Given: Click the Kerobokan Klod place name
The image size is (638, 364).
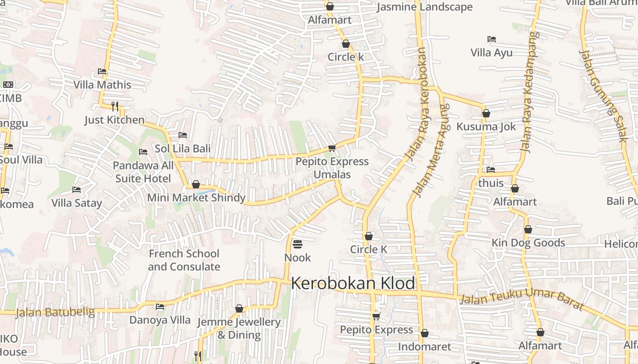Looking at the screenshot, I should pyautogui.click(x=353, y=283).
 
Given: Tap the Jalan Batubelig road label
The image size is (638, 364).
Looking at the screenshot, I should pyautogui.click(x=55, y=312).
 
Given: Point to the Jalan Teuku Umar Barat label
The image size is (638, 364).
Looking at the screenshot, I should pyautogui.click(x=522, y=298).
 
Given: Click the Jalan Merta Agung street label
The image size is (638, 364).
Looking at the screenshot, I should pyautogui.click(x=431, y=150).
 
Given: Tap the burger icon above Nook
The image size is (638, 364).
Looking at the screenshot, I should pyautogui.click(x=298, y=245).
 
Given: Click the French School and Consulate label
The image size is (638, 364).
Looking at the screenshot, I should pyautogui.click(x=184, y=260).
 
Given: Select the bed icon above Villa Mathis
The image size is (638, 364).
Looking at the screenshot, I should pyautogui.click(x=102, y=71).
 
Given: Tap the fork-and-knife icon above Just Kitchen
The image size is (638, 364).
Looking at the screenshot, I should pyautogui.click(x=115, y=106).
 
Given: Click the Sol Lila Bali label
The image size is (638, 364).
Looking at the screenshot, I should pyautogui.click(x=183, y=149).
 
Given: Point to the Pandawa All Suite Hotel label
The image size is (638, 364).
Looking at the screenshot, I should pyautogui.click(x=143, y=172).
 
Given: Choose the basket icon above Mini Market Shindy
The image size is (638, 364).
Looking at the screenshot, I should pyautogui.click(x=196, y=184).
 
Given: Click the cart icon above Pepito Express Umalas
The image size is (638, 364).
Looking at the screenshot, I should pyautogui.click(x=332, y=148).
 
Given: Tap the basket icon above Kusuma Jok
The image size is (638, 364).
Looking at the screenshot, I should pyautogui.click(x=486, y=113).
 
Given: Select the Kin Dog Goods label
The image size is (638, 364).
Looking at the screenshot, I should pyautogui.click(x=528, y=243).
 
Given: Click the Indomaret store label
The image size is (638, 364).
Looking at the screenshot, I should pyautogui.click(x=425, y=347).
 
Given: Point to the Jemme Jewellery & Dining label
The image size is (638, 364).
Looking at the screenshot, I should pyautogui.click(x=239, y=329).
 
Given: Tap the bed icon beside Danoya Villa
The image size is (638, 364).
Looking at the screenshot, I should pyautogui.click(x=160, y=307).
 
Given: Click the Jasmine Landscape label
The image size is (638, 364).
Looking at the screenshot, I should pyautogui.click(x=425, y=7).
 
